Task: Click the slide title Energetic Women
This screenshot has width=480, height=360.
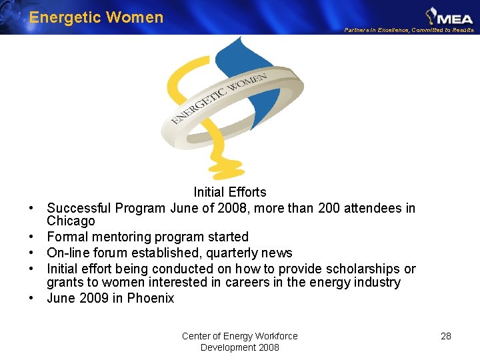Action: pyautogui.click(x=96, y=17)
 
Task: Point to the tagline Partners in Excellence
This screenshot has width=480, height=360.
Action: pyautogui.click(x=409, y=30)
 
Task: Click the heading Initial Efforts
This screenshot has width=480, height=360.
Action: pyautogui.click(x=229, y=192)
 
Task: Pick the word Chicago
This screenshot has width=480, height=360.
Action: pyautogui.click(x=71, y=221)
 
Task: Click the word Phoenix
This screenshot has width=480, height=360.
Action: pyautogui.click(x=151, y=298)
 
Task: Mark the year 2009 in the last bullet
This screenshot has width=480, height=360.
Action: pyautogui.click(x=94, y=298)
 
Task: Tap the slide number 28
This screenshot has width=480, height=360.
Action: pyautogui.click(x=446, y=336)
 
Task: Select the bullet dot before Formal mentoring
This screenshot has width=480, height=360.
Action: pyautogui.click(x=31, y=237)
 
